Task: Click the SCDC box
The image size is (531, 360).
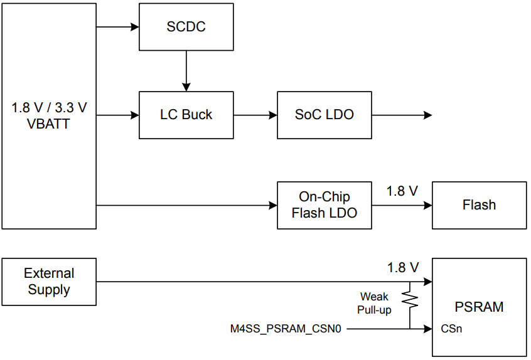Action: pyautogui.click(x=186, y=27)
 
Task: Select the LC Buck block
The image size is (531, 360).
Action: pyautogui.click(x=186, y=115)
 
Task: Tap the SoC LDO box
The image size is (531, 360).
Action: pyautogui.click(x=324, y=115)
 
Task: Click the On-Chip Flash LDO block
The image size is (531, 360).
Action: pyautogui.click(x=324, y=204)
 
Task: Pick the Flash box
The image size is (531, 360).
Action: pyautogui.click(x=479, y=204)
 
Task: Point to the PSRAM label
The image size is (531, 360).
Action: pyautogui.click(x=479, y=307)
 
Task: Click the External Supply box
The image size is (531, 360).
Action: pyautogui.click(x=49, y=282)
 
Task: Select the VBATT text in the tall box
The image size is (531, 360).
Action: pyautogui.click(x=49, y=124)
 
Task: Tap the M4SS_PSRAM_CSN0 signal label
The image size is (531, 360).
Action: pyautogui.click(x=286, y=328)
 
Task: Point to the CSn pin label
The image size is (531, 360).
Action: pyautogui.click(x=451, y=328)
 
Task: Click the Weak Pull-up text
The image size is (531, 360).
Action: pyautogui.click(x=374, y=303)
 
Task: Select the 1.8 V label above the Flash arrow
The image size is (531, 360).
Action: pyautogui.click(x=402, y=191)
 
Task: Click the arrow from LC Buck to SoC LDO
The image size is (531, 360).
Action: pyautogui.click(x=255, y=115)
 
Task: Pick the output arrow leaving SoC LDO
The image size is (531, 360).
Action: pyautogui.click(x=401, y=115)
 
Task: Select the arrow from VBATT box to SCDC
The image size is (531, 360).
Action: pyautogui.click(x=117, y=27)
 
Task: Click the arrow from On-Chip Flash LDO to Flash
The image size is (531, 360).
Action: pyautogui.click(x=401, y=204)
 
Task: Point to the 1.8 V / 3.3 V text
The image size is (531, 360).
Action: pyautogui.click(x=49, y=107)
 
